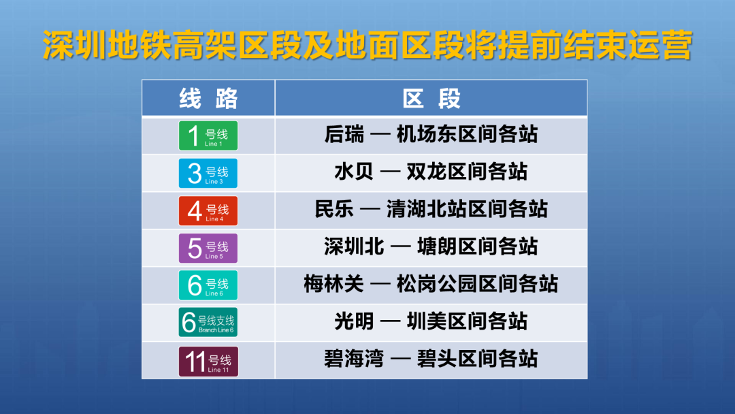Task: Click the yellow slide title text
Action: click(367, 46)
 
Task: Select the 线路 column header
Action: click(208, 99)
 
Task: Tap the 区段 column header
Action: click(431, 99)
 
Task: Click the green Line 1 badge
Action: click(208, 136)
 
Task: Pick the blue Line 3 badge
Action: click(208, 173)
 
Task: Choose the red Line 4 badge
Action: click(208, 210)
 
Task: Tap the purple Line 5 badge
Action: click(208, 248)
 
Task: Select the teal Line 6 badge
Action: click(208, 285)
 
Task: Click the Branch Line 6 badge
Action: click(208, 322)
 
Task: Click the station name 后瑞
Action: click(344, 135)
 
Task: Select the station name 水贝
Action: click(354, 172)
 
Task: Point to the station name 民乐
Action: click(334, 209)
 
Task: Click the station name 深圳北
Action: click(354, 246)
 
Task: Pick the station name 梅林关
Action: click(333, 284)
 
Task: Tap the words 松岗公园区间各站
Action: click(477, 284)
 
